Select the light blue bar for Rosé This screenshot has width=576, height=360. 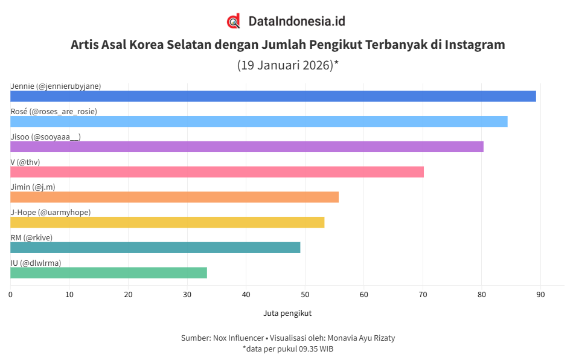click(x=258, y=121)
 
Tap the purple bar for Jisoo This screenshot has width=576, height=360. click(x=246, y=147)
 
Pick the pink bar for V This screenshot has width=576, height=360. click(x=217, y=172)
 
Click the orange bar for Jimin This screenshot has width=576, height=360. click(x=174, y=197)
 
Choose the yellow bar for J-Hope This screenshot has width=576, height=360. click(x=167, y=222)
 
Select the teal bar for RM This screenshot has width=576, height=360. click(x=155, y=248)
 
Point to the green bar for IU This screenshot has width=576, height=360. click(x=109, y=272)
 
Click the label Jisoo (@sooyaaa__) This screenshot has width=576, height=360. click(x=45, y=137)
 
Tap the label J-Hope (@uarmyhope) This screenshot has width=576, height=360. click(x=51, y=212)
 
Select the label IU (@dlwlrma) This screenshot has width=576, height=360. click(x=36, y=263)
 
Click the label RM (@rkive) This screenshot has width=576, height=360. click(x=31, y=237)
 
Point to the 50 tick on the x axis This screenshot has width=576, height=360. click(x=305, y=295)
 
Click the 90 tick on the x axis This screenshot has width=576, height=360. click(x=540, y=295)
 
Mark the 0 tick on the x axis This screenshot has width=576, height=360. click(x=10, y=295)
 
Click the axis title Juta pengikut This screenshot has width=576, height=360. click(x=287, y=313)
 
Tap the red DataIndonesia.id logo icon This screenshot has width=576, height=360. click(x=234, y=21)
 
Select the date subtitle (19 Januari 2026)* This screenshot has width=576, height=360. click(x=287, y=65)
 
